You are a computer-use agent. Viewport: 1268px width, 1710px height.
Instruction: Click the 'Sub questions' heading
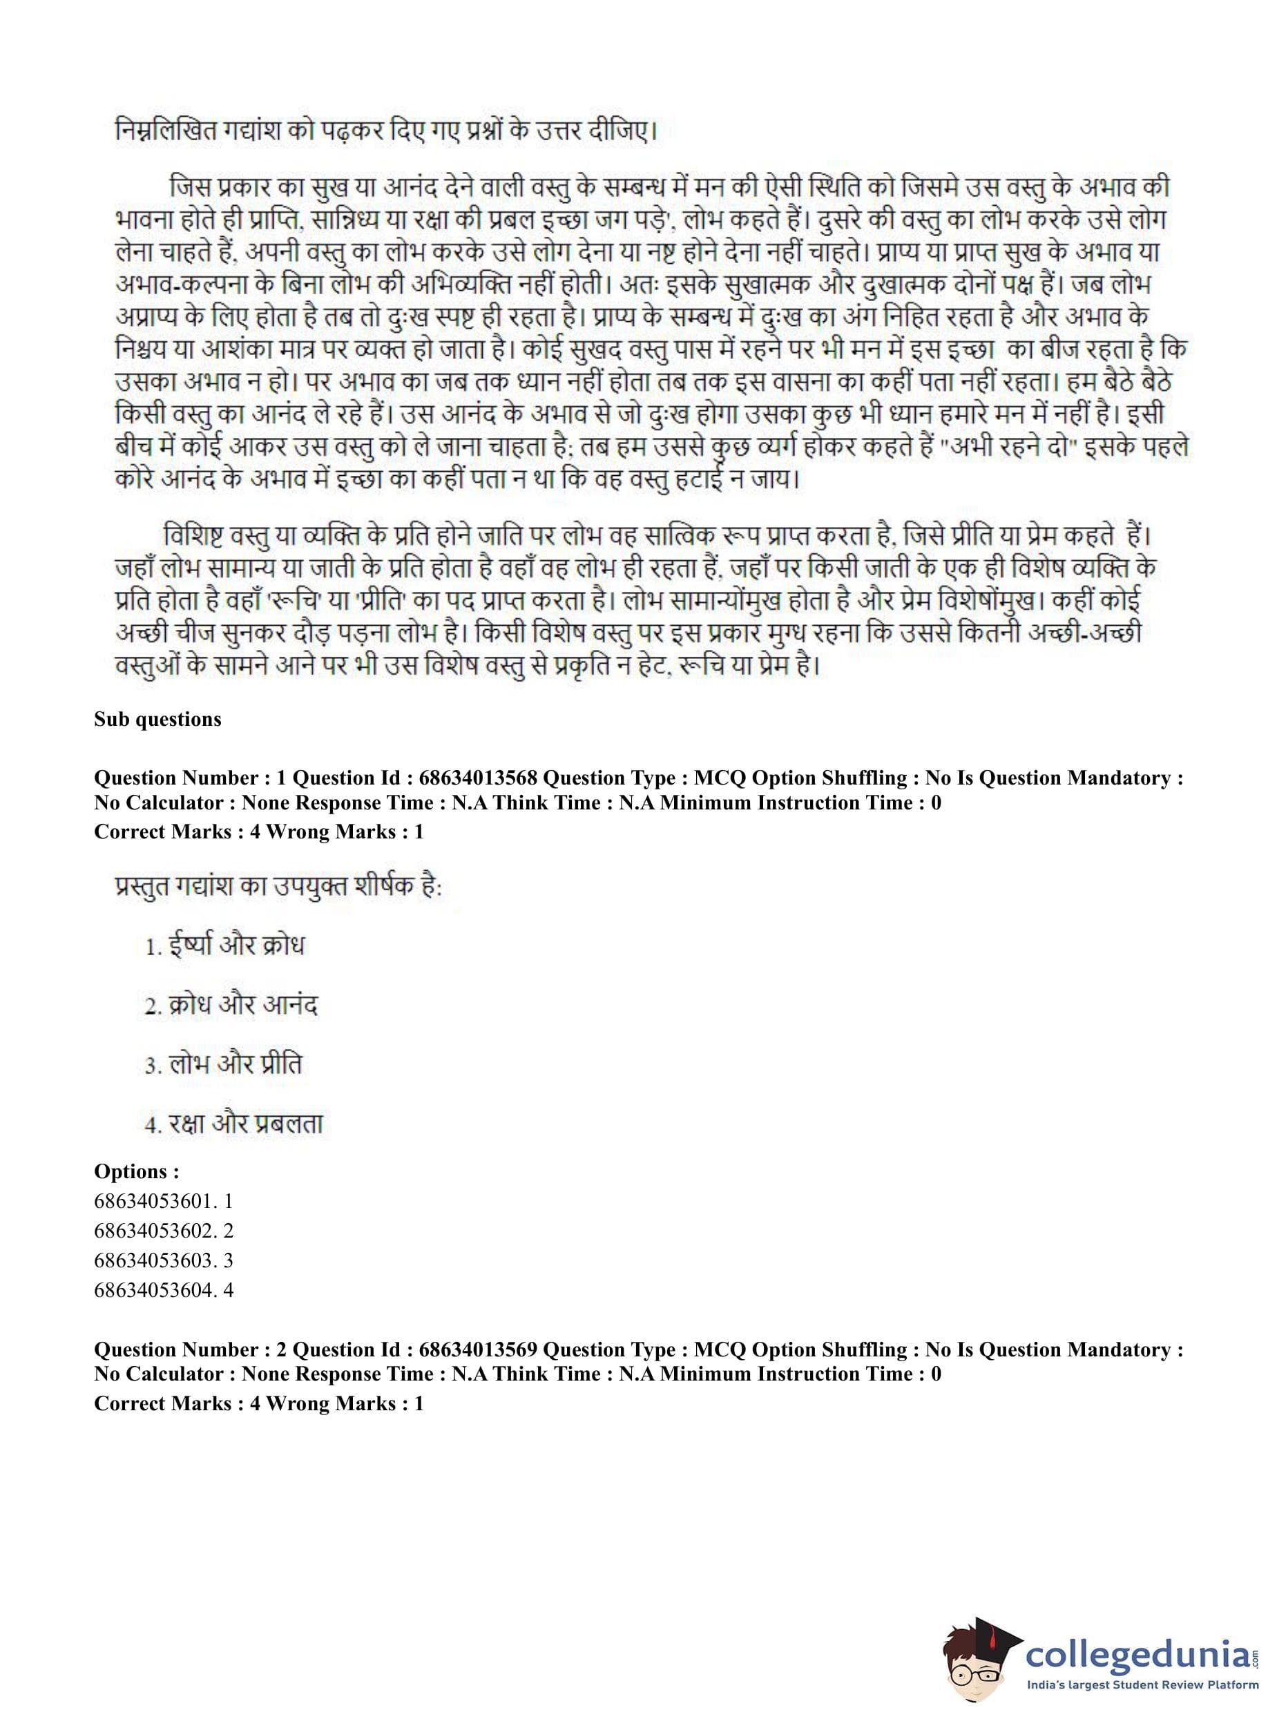(x=157, y=719)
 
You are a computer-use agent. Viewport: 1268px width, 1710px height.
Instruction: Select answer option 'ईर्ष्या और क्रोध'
(x=225, y=945)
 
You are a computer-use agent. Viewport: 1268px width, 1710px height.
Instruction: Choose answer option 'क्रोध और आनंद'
(x=231, y=1005)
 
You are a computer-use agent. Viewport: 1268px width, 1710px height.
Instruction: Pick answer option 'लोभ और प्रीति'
(x=223, y=1064)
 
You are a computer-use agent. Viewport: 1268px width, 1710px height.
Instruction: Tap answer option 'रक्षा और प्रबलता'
(x=234, y=1124)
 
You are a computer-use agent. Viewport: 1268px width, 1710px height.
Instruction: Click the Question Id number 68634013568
(x=477, y=778)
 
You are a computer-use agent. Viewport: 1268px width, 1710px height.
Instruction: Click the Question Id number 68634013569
(x=477, y=1350)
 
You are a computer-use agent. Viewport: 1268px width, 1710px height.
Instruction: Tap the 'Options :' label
(x=137, y=1172)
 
